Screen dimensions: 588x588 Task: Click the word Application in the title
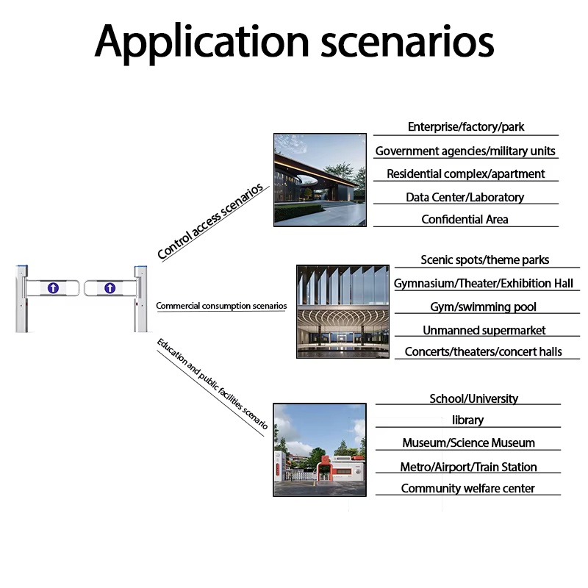[x=201, y=43]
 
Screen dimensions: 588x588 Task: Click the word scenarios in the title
[x=407, y=42]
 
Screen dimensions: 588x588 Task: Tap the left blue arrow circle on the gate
[x=53, y=288]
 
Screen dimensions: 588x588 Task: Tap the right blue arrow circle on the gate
[x=110, y=288]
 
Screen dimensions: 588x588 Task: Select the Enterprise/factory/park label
[x=466, y=126]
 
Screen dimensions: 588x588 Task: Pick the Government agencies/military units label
[x=465, y=151]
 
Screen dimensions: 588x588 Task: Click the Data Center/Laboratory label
[x=465, y=197]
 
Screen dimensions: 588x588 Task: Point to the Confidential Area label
[x=465, y=219]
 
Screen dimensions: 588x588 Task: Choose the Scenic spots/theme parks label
[x=485, y=260]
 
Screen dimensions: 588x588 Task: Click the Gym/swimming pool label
[x=484, y=306]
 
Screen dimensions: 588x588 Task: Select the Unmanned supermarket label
[x=484, y=330]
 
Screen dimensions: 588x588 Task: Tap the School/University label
[x=474, y=398]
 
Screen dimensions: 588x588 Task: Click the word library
[x=468, y=420]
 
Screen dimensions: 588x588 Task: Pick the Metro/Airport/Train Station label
[x=469, y=467]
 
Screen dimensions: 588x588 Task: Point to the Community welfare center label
[x=468, y=488]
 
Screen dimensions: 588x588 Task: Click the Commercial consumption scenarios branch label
[x=221, y=306]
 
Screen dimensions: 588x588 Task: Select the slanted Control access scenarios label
[x=210, y=221]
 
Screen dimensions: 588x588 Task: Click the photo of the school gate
[x=320, y=450]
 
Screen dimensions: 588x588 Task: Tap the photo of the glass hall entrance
[x=343, y=312]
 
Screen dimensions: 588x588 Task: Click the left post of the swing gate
[x=22, y=299]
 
